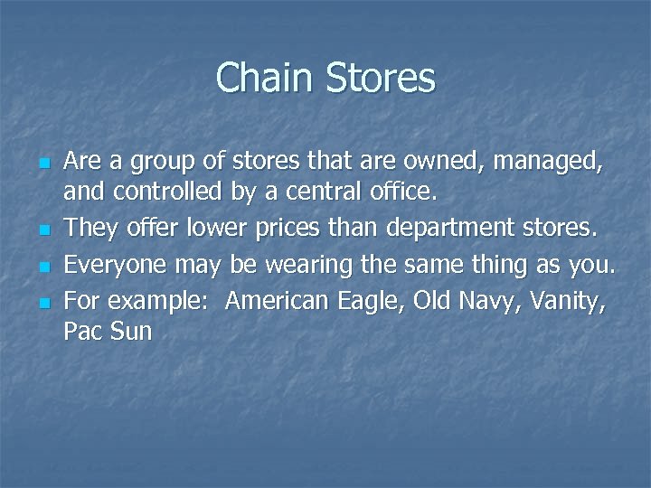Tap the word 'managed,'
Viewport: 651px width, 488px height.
click(552, 164)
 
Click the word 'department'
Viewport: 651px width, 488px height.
click(449, 230)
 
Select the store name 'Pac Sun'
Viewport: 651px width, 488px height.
click(108, 332)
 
